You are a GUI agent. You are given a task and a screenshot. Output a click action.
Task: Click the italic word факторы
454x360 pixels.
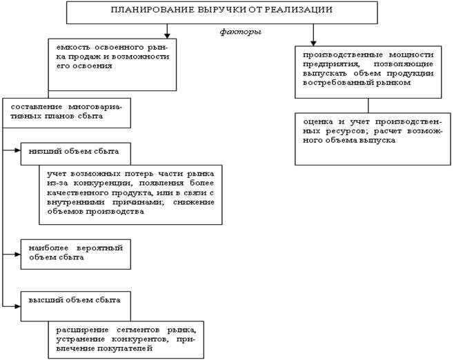coord(237,32)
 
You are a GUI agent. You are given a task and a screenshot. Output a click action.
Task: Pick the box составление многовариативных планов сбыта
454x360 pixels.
coord(66,112)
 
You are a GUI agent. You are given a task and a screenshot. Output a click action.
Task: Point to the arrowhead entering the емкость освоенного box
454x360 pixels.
coord(168,34)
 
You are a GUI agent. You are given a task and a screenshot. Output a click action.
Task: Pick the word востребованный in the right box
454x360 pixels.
coord(334,82)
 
